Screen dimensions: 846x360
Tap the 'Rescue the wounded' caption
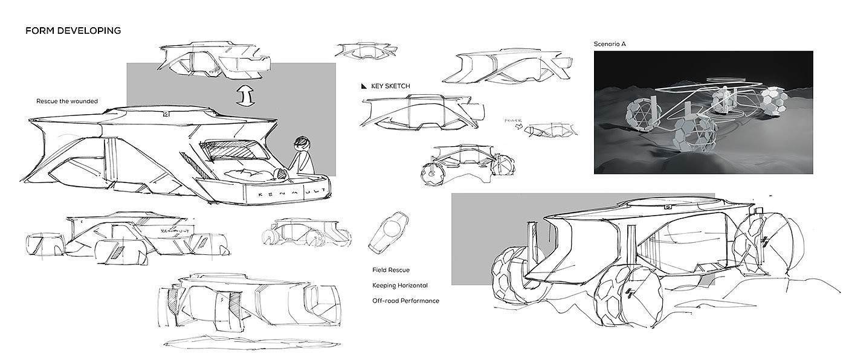click(66, 101)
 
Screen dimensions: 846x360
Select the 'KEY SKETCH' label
click(390, 86)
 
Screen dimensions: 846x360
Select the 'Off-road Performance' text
click(405, 300)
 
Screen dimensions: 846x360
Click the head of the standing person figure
click(301, 145)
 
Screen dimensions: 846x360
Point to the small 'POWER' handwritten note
click(512, 121)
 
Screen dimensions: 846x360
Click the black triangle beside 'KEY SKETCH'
click(364, 86)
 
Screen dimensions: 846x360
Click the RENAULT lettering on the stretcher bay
click(287, 195)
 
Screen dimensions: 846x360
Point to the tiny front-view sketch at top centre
click(355, 51)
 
